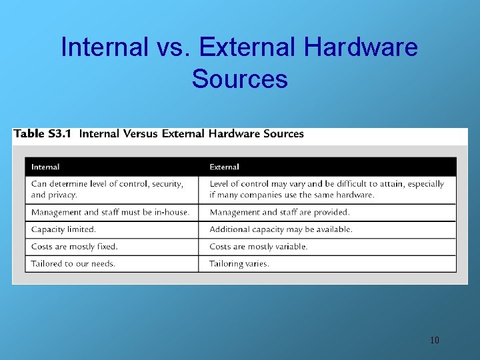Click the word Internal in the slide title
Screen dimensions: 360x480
(104, 47)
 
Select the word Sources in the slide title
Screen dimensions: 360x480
(239, 79)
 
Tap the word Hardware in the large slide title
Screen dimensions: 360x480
(360, 47)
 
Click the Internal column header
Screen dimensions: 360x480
(45, 167)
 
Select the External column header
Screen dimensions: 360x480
(224, 167)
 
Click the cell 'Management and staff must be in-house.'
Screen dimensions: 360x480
(110, 212)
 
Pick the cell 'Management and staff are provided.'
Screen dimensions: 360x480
(279, 212)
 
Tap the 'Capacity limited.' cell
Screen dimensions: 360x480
(63, 229)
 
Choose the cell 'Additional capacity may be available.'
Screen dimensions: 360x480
(281, 229)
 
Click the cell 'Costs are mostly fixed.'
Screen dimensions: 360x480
(74, 247)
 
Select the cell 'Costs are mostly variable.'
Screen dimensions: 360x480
(259, 247)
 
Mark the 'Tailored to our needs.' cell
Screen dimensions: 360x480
(73, 263)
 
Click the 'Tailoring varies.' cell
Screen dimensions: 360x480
(239, 263)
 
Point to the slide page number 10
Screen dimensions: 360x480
(435, 341)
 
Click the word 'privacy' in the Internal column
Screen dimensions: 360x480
(62, 195)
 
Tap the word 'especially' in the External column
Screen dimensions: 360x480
(424, 183)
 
